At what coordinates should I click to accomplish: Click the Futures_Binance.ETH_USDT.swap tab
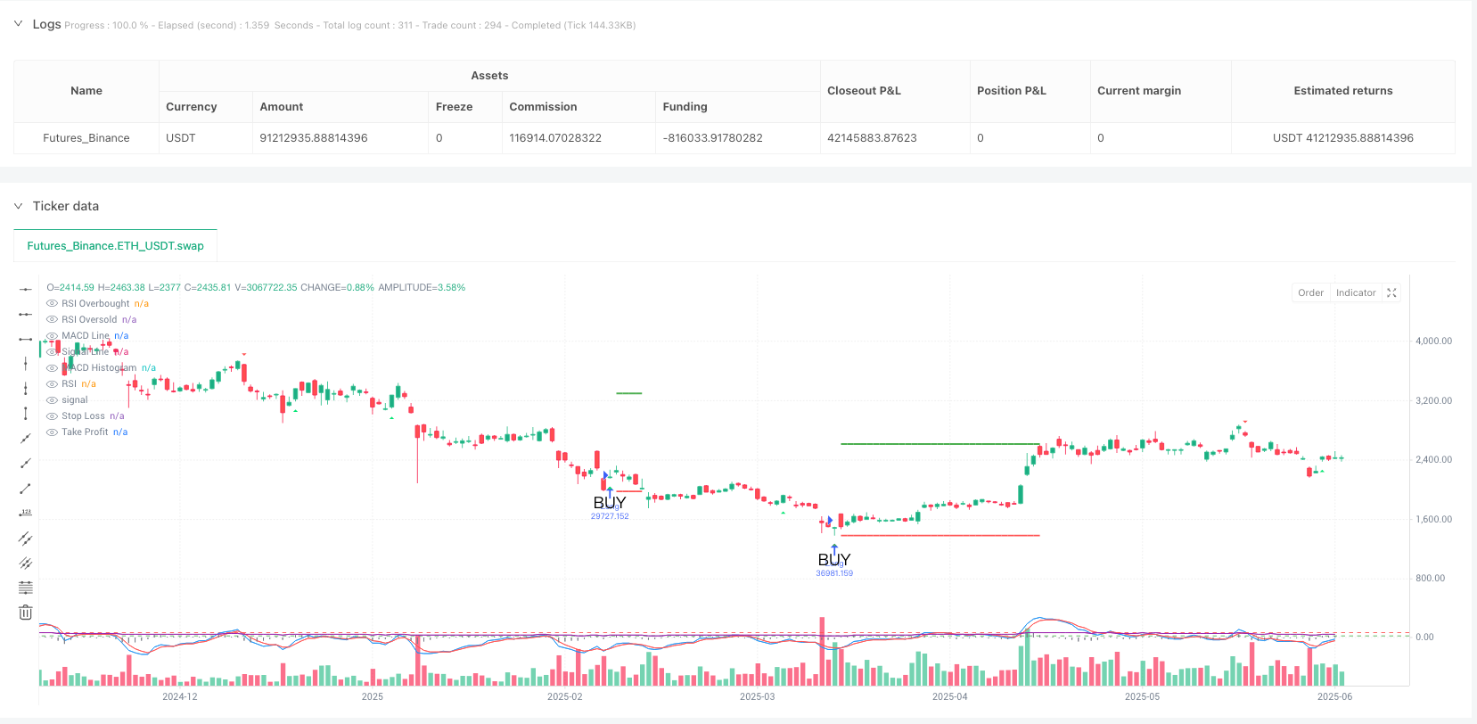pyautogui.click(x=115, y=246)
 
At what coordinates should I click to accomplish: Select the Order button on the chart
pyautogui.click(x=1310, y=292)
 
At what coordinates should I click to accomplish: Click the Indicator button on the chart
pyautogui.click(x=1355, y=292)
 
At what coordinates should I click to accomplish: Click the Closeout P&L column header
pyautogui.click(x=864, y=91)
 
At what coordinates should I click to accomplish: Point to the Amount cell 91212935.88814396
pyautogui.click(x=314, y=138)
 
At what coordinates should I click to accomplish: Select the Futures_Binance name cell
pyautogui.click(x=86, y=138)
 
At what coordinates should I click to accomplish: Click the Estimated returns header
pyautogui.click(x=1342, y=91)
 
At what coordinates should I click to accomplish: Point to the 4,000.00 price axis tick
pyautogui.click(x=1433, y=341)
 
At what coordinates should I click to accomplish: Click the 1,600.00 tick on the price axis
pyautogui.click(x=1433, y=519)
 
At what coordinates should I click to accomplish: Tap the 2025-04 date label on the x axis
pyautogui.click(x=949, y=696)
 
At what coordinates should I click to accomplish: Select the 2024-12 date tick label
pyautogui.click(x=180, y=696)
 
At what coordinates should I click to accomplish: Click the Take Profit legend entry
pyautogui.click(x=85, y=432)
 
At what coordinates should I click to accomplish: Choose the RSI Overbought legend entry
pyautogui.click(x=95, y=304)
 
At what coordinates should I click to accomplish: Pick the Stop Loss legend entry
pyautogui.click(x=83, y=416)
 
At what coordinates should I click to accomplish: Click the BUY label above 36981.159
pyautogui.click(x=834, y=559)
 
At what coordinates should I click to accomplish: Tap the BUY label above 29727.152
pyautogui.click(x=610, y=503)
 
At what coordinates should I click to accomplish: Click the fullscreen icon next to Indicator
pyautogui.click(x=1391, y=292)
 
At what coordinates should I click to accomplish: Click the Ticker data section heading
pyautogui.click(x=66, y=206)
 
